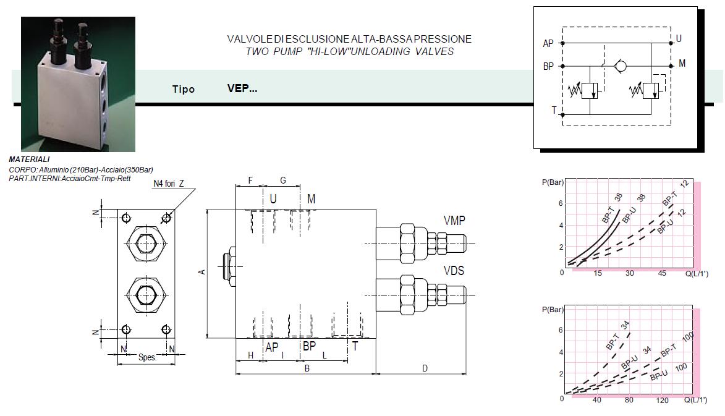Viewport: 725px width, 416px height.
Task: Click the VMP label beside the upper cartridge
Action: click(x=454, y=221)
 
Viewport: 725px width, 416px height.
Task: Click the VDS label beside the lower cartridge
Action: click(x=454, y=271)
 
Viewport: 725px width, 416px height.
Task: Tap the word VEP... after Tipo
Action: click(x=242, y=88)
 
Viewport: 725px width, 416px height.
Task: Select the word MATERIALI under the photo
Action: click(x=30, y=159)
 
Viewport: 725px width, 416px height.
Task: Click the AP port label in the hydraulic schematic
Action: click(x=548, y=44)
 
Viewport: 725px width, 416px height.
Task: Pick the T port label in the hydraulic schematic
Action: click(x=554, y=111)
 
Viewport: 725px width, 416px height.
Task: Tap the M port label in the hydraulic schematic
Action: click(x=682, y=64)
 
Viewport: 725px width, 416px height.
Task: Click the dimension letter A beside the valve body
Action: click(x=201, y=272)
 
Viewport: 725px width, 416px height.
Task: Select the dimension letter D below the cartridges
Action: click(x=425, y=368)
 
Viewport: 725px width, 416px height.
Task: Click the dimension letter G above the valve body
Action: click(x=283, y=180)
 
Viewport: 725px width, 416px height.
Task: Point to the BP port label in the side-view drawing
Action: click(x=309, y=347)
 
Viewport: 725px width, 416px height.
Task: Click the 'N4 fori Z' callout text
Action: click(x=169, y=184)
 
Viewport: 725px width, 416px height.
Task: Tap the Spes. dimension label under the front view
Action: click(x=147, y=357)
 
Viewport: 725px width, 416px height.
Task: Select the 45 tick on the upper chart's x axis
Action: click(x=662, y=273)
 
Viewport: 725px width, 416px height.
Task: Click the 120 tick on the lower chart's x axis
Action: click(x=662, y=400)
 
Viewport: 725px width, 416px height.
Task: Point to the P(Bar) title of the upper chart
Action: click(x=553, y=182)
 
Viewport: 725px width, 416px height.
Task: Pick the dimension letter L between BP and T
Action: click(x=324, y=355)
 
